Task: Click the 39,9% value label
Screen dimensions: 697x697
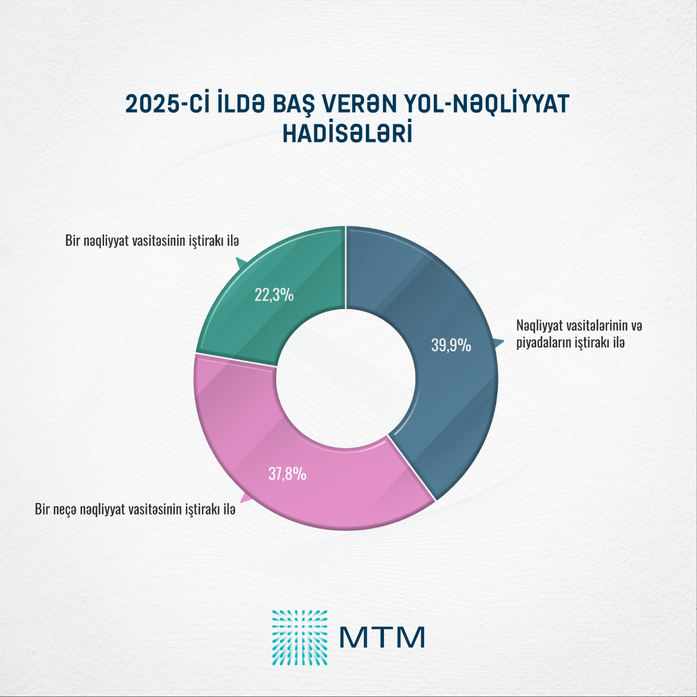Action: click(451, 346)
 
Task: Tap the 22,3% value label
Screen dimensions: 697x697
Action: click(274, 295)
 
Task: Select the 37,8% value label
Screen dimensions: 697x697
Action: click(287, 474)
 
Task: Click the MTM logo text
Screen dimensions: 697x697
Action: click(382, 637)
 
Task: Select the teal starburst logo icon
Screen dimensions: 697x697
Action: click(299, 637)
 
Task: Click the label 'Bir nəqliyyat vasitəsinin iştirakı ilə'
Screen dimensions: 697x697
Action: click(152, 240)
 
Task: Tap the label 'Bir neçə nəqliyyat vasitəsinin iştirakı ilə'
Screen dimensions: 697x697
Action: click(135, 509)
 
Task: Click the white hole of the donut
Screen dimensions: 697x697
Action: click(346, 378)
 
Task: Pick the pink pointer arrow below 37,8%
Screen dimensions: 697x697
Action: click(246, 498)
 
